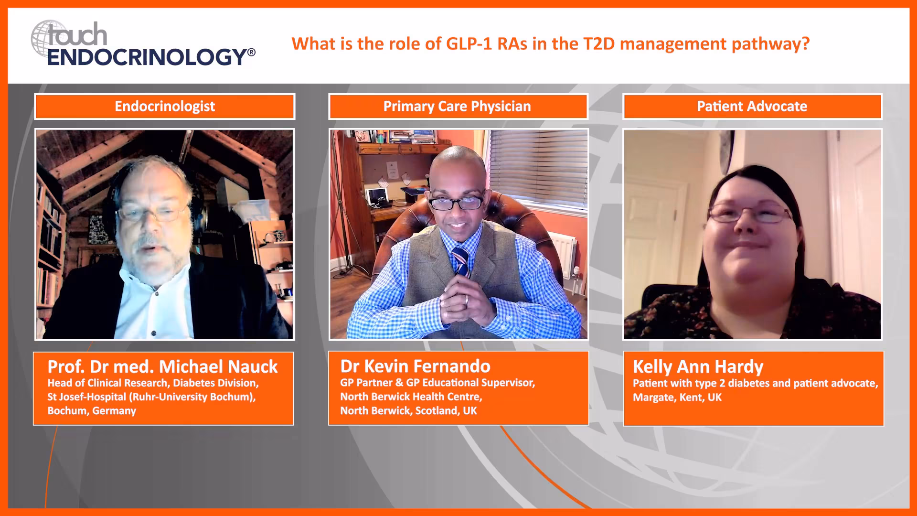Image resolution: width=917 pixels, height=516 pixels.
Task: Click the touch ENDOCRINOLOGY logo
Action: point(143,44)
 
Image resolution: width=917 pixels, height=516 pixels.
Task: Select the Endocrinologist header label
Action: point(165,106)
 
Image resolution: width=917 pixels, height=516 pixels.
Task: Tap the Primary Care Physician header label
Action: point(457,106)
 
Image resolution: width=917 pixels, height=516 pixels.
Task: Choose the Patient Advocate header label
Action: point(752,106)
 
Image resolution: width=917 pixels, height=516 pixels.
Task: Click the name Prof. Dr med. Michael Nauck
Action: point(162,366)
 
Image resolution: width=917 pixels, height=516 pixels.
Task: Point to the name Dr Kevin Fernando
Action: point(415,366)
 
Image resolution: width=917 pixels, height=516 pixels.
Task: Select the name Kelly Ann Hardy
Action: point(698,366)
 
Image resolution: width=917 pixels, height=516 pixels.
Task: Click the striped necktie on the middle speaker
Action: point(460,261)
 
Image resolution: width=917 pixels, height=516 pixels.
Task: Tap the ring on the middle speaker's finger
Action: point(467,299)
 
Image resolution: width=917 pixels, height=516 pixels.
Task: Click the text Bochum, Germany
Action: point(92,410)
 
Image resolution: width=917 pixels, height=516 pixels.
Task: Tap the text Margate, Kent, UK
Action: point(677,397)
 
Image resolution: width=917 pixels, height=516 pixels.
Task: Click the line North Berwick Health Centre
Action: point(411,397)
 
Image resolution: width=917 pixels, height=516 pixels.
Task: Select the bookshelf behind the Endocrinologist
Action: point(50,244)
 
